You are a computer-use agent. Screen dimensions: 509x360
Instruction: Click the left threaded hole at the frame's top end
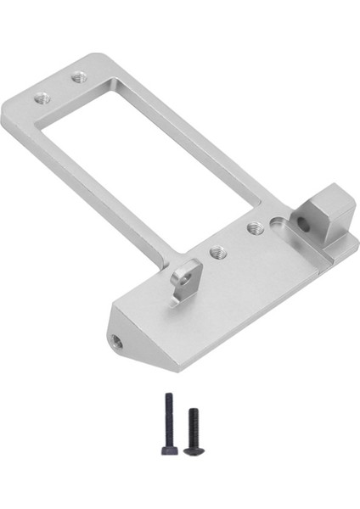42,98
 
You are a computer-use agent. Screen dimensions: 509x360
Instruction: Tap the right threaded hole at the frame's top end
81,76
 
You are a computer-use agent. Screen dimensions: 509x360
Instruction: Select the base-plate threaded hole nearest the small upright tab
217,252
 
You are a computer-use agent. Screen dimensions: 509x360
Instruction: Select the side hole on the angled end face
116,344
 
